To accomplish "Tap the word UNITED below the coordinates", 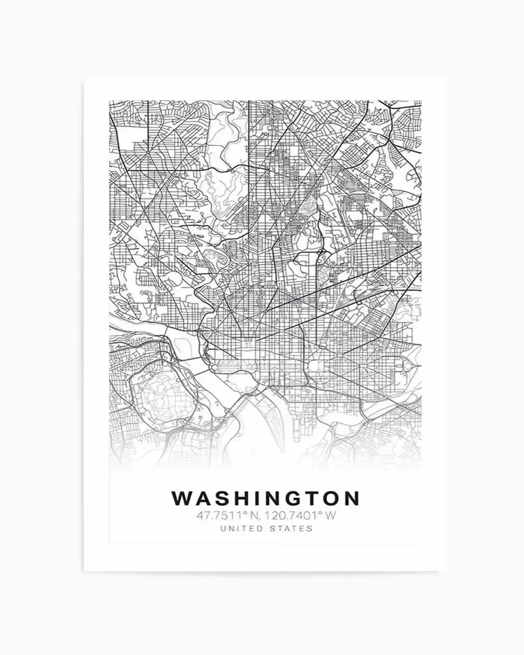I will click(x=240, y=528).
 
